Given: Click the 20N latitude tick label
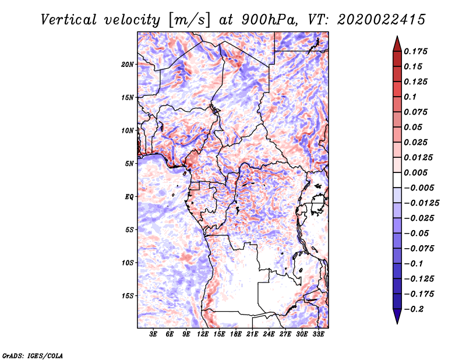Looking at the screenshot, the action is (128, 65).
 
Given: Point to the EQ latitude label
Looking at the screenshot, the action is (129, 197).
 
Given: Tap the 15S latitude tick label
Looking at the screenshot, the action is (128, 296).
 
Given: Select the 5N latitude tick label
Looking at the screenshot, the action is (129, 164).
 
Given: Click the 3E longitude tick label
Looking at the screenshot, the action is (153, 334).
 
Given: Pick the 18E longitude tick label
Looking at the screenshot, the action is (236, 334).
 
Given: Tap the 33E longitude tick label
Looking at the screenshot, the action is (318, 334).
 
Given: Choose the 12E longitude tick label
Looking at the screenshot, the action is (203, 334).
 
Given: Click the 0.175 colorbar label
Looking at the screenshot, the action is (415, 51).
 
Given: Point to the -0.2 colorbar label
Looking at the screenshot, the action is (414, 309).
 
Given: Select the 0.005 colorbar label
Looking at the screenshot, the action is (415, 172).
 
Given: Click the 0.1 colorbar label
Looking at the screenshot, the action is (410, 97).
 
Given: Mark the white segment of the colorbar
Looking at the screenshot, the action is (397, 180).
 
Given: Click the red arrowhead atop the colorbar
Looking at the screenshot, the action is (397, 44).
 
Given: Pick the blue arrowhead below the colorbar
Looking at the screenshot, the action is (397, 316).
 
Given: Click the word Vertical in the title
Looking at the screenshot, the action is (69, 20).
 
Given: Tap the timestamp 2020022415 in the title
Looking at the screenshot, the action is (382, 20).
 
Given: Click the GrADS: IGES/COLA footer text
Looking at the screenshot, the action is (33, 355).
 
